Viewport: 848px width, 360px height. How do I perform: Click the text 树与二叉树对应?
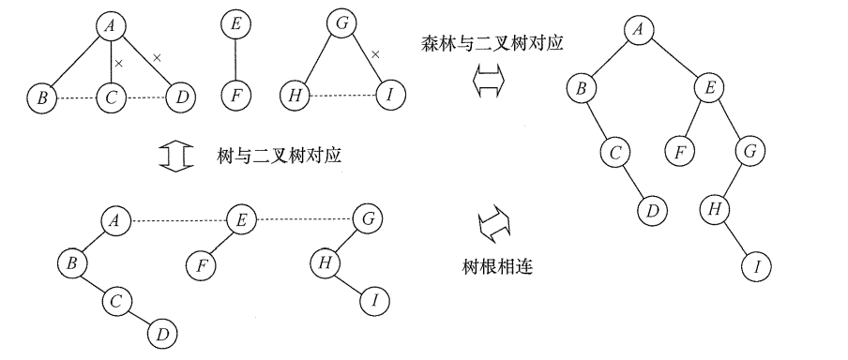tap(279, 157)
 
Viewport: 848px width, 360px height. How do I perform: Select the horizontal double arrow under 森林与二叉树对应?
tap(487, 83)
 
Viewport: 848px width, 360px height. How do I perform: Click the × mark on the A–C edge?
tap(118, 64)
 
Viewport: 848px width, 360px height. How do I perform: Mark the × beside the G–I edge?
tap(375, 55)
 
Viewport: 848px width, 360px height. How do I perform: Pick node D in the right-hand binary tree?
tap(651, 210)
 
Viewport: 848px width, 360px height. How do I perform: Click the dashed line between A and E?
tap(177, 221)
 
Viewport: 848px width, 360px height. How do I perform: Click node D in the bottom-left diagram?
tap(161, 333)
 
